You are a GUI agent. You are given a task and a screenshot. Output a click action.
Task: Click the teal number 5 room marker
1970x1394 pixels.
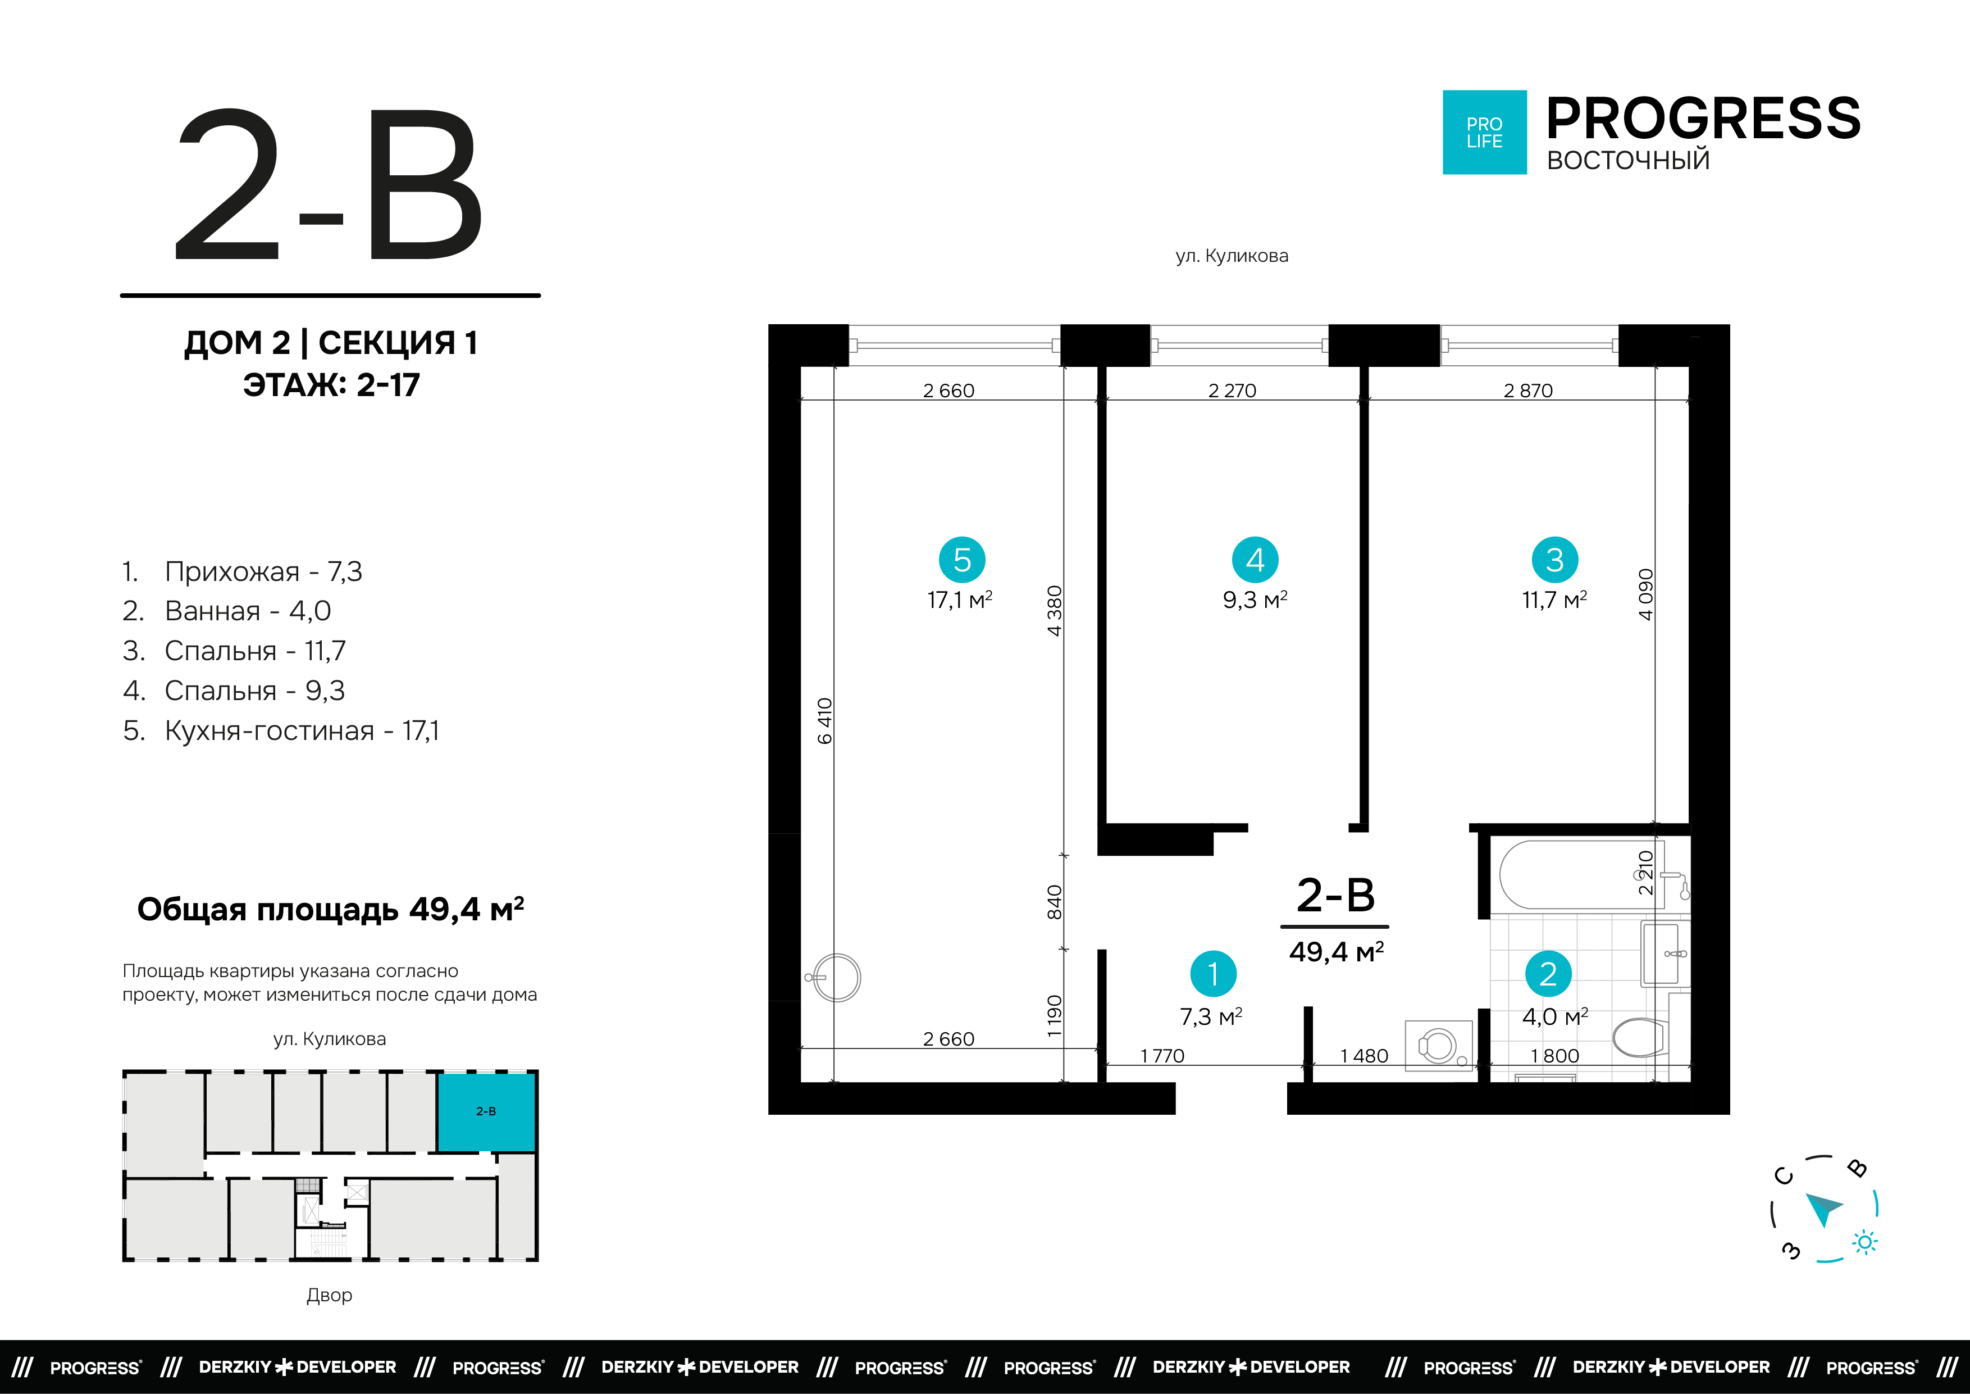click(962, 560)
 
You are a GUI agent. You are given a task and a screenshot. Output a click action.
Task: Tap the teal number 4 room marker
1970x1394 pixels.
click(1255, 560)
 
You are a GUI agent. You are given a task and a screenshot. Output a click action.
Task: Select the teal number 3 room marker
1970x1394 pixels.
click(1555, 560)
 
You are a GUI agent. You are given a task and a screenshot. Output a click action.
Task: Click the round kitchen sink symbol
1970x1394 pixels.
click(836, 978)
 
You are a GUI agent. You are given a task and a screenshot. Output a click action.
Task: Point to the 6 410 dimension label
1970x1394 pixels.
click(824, 721)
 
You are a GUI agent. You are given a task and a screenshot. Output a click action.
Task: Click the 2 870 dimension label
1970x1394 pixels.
click(1528, 390)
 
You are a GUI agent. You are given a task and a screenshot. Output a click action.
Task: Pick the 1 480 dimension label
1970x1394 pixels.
click(1364, 1056)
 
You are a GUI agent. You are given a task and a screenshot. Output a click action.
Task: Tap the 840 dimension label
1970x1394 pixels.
click(1055, 902)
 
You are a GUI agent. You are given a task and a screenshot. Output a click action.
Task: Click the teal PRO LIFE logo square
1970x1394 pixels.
click(1484, 132)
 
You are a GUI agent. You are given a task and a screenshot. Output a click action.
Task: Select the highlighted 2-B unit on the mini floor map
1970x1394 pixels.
click(486, 1111)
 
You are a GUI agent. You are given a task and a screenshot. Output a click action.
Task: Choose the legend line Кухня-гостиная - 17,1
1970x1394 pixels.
click(281, 730)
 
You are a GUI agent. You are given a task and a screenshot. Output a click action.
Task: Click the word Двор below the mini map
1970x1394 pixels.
click(330, 1295)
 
